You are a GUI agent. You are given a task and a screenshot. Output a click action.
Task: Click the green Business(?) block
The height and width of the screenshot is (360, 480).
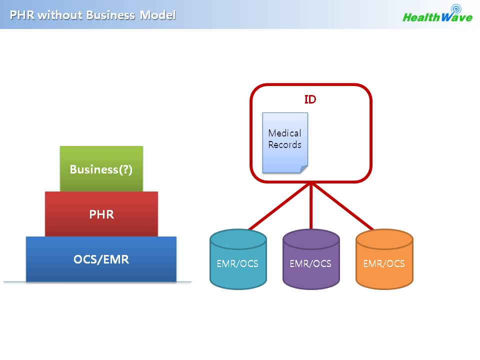(101, 168)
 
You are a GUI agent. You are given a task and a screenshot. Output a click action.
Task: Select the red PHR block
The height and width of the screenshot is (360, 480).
(101, 214)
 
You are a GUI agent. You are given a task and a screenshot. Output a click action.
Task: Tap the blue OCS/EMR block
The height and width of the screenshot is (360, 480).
(101, 259)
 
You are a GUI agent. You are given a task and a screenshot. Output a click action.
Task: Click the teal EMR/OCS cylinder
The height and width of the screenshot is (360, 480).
(238, 259)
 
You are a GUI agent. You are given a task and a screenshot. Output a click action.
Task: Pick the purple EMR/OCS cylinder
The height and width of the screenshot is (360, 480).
(311, 259)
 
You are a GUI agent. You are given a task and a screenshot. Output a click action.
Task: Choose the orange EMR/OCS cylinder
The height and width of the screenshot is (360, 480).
(384, 259)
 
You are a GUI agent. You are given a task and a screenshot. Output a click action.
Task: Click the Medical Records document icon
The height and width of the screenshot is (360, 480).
(285, 143)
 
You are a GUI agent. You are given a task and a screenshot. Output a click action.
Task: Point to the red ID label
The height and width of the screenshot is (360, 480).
(310, 99)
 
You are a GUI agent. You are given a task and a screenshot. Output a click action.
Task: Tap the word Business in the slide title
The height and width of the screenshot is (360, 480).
(110, 15)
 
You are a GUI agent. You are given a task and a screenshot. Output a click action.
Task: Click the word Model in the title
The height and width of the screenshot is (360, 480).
(157, 15)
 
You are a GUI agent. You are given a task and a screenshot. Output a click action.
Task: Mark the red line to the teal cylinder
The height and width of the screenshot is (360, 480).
(279, 206)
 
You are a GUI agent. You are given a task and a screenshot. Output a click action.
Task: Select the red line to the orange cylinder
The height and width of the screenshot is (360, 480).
(342, 206)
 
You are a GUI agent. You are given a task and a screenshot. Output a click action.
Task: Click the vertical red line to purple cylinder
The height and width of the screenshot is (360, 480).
(311, 205)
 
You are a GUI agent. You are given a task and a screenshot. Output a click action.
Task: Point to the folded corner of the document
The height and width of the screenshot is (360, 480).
(304, 169)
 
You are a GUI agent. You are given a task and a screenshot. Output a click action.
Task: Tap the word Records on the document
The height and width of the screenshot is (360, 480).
(284, 144)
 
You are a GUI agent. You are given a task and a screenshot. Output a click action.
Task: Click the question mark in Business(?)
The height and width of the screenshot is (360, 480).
(125, 169)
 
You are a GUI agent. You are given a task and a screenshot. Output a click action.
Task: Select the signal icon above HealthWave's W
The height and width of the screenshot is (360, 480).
(456, 8)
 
